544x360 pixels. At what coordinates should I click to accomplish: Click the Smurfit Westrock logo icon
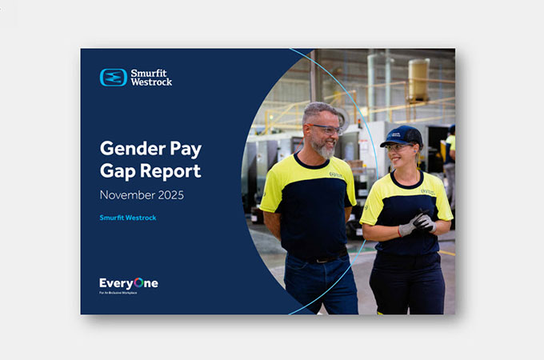click(x=114, y=78)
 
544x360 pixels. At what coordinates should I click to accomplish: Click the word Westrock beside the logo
click(x=152, y=82)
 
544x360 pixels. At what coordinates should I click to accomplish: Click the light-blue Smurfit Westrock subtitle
click(x=128, y=218)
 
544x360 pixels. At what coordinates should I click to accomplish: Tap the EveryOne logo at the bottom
click(x=128, y=282)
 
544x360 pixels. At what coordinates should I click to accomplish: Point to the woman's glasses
click(x=397, y=147)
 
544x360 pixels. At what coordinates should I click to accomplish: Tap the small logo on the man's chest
click(x=336, y=173)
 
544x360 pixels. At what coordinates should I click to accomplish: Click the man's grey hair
click(x=318, y=111)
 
